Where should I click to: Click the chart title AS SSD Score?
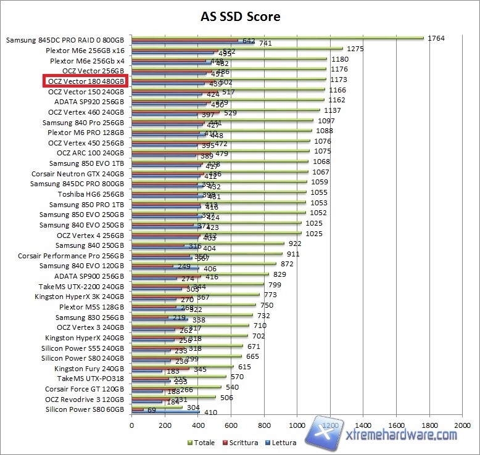click(x=240, y=16)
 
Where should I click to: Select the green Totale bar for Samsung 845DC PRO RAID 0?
click(x=278, y=37)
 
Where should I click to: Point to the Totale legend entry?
click(x=202, y=442)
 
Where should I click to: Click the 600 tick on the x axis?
click(x=231, y=425)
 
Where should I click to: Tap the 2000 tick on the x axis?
click(x=461, y=425)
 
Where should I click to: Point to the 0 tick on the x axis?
click(x=131, y=425)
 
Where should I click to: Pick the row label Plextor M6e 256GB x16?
click(x=87, y=51)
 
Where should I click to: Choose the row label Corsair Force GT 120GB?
click(x=85, y=389)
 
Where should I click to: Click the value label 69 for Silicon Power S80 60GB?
click(x=151, y=410)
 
